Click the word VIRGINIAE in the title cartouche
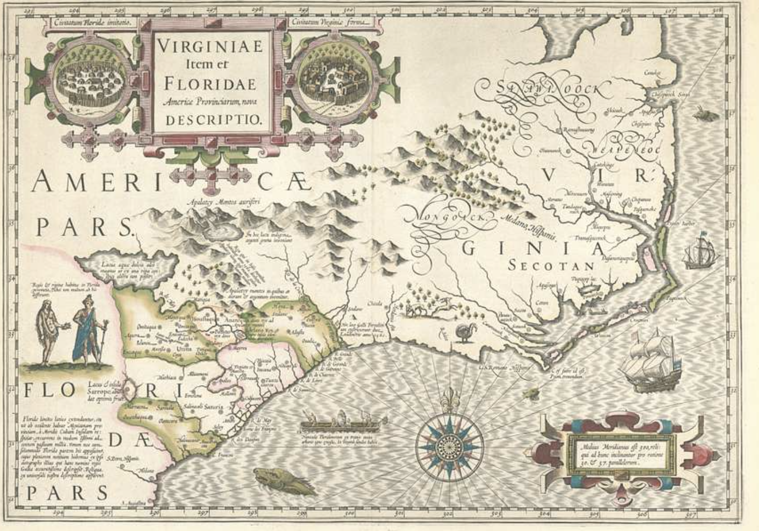click(210, 47)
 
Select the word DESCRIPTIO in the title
click(211, 120)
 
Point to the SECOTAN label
click(551, 266)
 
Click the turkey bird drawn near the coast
click(463, 333)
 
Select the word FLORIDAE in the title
click(210, 84)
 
